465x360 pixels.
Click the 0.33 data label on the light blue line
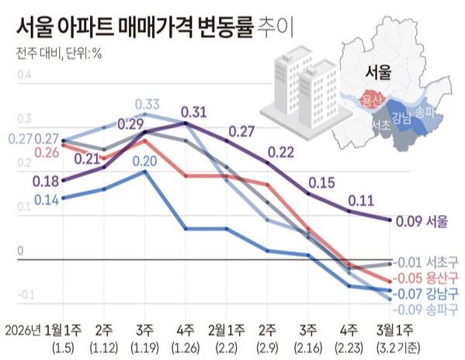147,105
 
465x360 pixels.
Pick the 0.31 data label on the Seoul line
193,112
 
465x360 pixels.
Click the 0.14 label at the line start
47,199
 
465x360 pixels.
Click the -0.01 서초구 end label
425,262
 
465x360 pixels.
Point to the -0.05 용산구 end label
425,278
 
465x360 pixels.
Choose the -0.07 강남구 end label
425,292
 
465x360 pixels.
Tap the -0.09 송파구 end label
425,308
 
